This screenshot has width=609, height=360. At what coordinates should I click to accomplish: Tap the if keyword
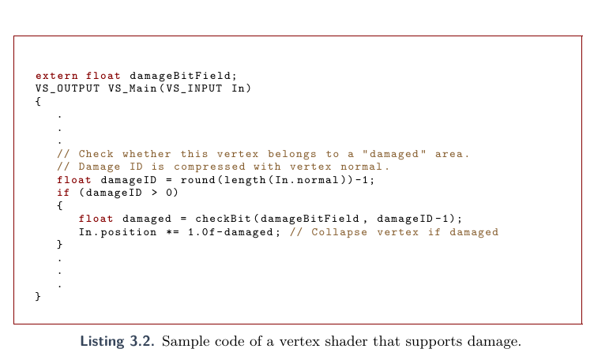point(63,193)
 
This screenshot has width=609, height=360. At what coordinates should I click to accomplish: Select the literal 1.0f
point(200,232)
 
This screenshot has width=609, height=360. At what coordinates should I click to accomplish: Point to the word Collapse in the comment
point(340,232)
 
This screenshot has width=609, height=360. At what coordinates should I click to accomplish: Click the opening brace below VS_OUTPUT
point(38,102)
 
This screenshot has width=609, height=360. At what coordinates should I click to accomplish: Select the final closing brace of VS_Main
point(38,296)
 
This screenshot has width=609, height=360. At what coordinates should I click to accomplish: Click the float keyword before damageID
point(74,180)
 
